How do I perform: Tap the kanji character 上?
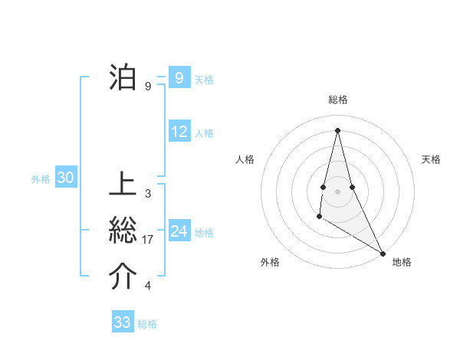tap(123, 185)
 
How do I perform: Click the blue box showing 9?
tap(179, 77)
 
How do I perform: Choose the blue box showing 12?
tap(179, 132)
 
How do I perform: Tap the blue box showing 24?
tap(179, 231)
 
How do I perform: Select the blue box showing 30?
tap(66, 178)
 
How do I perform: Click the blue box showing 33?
tap(123, 322)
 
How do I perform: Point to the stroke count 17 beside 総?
tap(148, 240)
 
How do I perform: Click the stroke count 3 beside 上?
tap(148, 194)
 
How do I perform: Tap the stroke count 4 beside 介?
tap(148, 286)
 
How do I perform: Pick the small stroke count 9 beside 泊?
tap(148, 86)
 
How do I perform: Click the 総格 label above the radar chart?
tap(338, 100)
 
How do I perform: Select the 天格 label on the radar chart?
tap(431, 159)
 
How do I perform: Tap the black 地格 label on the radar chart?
tap(402, 262)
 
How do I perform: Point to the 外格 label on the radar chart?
tap(270, 262)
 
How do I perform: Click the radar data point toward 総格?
tap(337, 129)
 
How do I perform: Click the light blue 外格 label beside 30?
tap(41, 179)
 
